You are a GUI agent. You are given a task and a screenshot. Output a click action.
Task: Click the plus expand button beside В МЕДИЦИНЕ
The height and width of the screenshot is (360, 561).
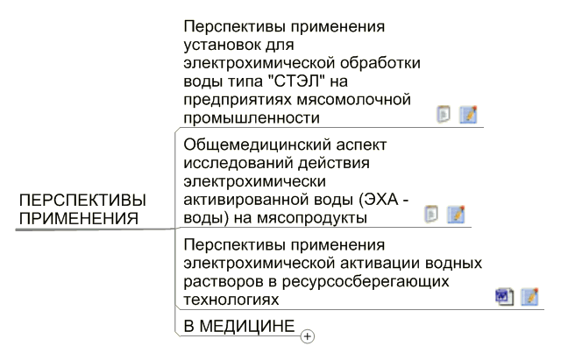[x=308, y=336]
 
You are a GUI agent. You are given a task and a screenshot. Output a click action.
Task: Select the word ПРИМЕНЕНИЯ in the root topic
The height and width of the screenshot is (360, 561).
[x=79, y=218]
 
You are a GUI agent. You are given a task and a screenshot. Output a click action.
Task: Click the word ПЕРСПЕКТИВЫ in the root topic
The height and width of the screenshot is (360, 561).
[x=82, y=201]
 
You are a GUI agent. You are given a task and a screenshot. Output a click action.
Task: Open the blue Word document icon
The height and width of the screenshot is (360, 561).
[x=505, y=297]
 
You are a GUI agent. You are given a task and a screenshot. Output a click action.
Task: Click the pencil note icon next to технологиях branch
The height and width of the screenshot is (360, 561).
[x=529, y=297]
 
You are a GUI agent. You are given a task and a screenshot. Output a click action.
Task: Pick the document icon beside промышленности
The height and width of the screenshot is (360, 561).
[x=444, y=115]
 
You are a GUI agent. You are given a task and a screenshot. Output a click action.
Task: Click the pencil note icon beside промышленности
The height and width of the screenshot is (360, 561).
[x=468, y=115]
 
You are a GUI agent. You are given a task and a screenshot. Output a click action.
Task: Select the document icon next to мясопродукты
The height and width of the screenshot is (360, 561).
[x=431, y=215]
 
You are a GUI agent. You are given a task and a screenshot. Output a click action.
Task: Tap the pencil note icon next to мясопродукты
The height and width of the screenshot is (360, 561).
[x=456, y=215]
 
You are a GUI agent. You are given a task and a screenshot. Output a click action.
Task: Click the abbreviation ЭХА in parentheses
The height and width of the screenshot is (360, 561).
[x=378, y=199]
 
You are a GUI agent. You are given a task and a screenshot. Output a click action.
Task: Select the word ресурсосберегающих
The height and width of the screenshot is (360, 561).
[x=366, y=282]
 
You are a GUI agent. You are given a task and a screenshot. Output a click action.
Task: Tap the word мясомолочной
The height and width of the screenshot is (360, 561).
[x=354, y=100]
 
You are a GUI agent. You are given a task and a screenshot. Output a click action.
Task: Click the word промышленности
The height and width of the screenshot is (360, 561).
[x=252, y=118]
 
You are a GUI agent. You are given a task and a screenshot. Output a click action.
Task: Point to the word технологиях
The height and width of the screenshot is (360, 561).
[x=231, y=300]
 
